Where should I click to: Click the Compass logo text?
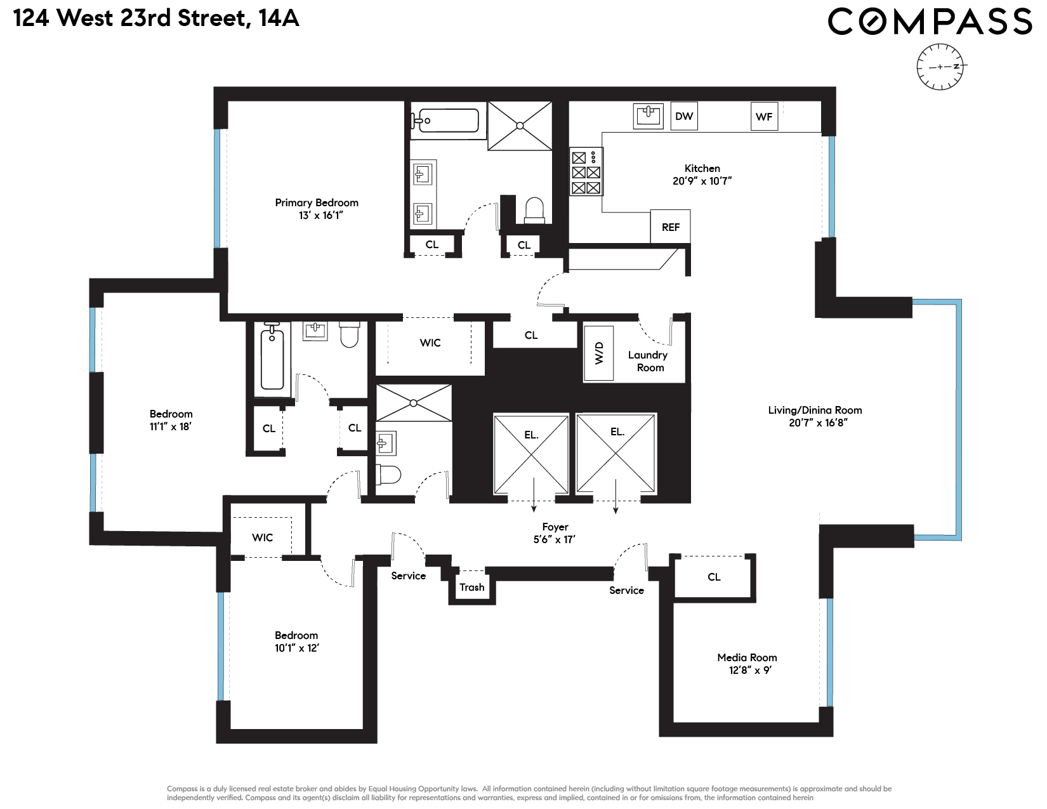pyautogui.click(x=930, y=22)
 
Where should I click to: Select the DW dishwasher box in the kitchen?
pyautogui.click(x=683, y=116)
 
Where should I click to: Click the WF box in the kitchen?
pyautogui.click(x=764, y=117)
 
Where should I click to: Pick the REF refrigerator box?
pyautogui.click(x=670, y=227)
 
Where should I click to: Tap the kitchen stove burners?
pyautogui.click(x=586, y=171)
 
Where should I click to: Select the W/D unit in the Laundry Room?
pyautogui.click(x=598, y=353)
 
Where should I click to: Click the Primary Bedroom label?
pyautogui.click(x=317, y=203)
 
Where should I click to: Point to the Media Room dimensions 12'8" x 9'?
pyautogui.click(x=749, y=670)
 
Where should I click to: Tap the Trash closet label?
pyautogui.click(x=471, y=588)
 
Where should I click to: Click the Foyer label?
pyautogui.click(x=555, y=527)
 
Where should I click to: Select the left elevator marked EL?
pyautogui.click(x=531, y=454)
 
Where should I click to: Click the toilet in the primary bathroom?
pyautogui.click(x=534, y=210)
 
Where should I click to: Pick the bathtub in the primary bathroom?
pyautogui.click(x=444, y=121)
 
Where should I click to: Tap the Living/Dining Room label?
pyautogui.click(x=815, y=410)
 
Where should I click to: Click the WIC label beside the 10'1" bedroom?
pyautogui.click(x=262, y=537)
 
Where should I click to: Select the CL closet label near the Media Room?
pyautogui.click(x=714, y=577)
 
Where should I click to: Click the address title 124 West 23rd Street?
pyautogui.click(x=156, y=18)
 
